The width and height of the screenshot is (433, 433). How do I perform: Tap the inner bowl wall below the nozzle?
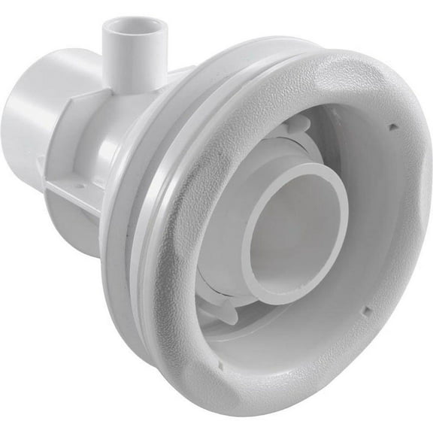coord(301,331)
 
